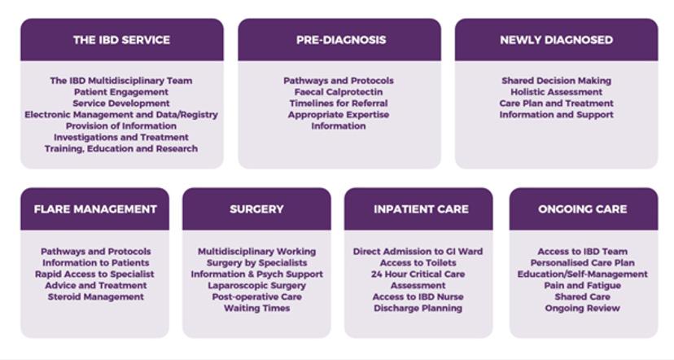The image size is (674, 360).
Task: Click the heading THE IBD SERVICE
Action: coord(121,40)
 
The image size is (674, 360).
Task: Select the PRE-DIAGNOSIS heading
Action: coord(339,40)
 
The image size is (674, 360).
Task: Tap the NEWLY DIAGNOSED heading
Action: coord(556,40)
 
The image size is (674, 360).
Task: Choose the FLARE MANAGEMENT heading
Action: coord(95,209)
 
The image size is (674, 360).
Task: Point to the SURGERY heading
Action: coord(256,209)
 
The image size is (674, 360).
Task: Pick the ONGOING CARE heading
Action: coord(583,209)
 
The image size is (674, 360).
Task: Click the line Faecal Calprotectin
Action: coord(339,92)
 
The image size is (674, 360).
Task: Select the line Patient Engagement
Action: coord(121,92)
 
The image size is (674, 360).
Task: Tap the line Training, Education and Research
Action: coord(121,149)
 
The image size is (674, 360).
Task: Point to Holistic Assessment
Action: coord(557,92)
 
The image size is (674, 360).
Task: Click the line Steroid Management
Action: coord(95,297)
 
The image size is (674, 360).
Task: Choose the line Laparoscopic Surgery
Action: coord(256,286)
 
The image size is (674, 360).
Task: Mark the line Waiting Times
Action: coord(256,309)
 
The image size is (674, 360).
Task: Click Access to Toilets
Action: coord(418,263)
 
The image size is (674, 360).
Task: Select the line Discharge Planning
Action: coord(418,309)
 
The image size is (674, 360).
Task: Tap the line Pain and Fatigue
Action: coord(583,286)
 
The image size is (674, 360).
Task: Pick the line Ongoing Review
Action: coord(583,309)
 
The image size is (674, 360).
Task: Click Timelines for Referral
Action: coord(339,103)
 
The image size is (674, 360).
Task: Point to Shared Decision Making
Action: coord(557,81)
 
